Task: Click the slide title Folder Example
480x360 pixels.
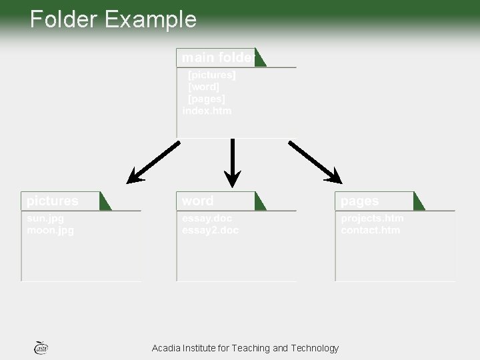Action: point(113,19)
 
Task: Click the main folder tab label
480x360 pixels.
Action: point(217,58)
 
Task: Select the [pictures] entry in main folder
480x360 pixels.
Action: point(212,75)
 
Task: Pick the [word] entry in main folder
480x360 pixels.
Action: point(204,87)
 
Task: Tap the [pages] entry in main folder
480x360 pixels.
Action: point(207,99)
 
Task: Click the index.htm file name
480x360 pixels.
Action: point(207,111)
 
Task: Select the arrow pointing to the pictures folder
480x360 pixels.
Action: point(153,163)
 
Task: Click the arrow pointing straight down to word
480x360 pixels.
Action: point(232,163)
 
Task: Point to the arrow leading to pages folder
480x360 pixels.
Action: point(315,162)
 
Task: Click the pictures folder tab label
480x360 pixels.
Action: point(53,201)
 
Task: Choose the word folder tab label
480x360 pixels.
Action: point(198,201)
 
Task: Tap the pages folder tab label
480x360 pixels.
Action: point(360,201)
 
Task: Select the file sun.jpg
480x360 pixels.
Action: point(45,219)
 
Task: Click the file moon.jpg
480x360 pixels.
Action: point(51,231)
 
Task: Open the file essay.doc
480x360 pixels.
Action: point(207,219)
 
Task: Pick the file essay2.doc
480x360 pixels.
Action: point(210,231)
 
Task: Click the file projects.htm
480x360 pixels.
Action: point(372,219)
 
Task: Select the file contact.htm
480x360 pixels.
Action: point(371,231)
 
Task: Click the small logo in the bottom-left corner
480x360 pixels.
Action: point(41,347)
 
